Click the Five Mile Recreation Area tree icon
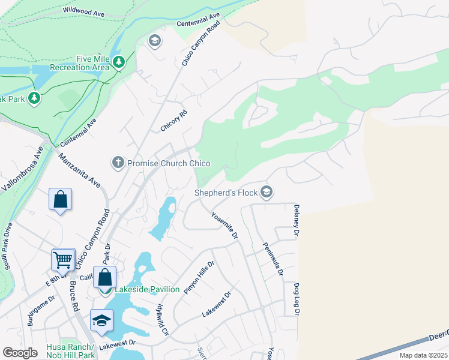(119, 61)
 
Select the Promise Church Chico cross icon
(118, 162)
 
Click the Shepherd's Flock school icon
(267, 192)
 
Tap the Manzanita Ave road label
(79, 170)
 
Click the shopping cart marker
(62, 260)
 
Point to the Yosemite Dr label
(224, 226)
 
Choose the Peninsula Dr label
(273, 259)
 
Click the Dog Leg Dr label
(297, 299)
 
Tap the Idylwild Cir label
(162, 319)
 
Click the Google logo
(20, 353)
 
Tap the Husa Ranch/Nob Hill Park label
(71, 352)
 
